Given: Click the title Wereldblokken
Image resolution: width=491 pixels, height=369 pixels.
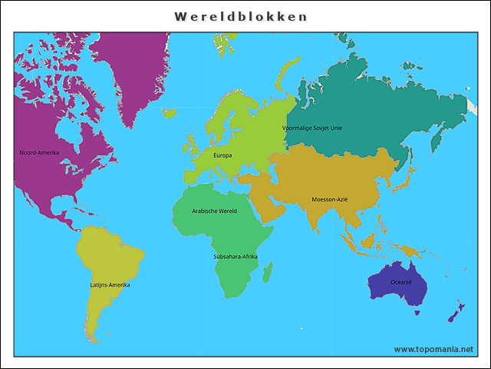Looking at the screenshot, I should (241, 16).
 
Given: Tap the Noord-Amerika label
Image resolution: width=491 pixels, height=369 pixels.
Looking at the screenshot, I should (39, 152).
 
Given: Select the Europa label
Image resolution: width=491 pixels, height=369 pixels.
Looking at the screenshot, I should (222, 155).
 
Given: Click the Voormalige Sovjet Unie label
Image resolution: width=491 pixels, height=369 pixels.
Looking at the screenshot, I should (312, 128).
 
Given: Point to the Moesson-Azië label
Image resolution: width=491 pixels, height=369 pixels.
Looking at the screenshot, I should (330, 199).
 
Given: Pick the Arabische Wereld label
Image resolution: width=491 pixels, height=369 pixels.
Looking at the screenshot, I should (214, 211).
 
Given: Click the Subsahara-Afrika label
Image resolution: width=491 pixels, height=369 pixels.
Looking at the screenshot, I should (236, 256).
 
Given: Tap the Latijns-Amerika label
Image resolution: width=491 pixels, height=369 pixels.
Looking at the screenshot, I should (110, 285).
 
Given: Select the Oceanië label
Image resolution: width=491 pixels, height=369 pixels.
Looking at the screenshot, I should (401, 282).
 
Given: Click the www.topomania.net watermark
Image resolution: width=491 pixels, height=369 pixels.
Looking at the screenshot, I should (433, 349).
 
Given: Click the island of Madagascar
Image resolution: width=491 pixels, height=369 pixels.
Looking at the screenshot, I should (267, 271).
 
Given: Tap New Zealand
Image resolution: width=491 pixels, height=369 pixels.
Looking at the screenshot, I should (456, 312).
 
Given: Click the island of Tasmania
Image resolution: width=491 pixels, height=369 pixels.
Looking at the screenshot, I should (417, 312).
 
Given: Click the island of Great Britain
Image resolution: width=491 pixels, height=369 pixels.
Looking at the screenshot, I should (189, 145).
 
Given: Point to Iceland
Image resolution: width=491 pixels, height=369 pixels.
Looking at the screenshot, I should (168, 113).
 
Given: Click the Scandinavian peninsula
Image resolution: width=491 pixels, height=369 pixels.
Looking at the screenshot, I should (230, 115).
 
